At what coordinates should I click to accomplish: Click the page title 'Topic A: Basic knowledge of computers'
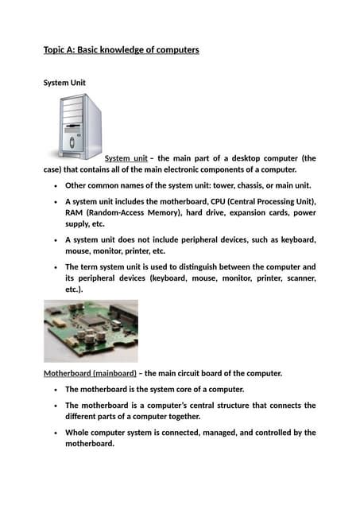pyautogui.click(x=121, y=50)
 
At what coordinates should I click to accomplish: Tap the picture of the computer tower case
pyautogui.click(x=79, y=127)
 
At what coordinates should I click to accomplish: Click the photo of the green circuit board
pyautogui.click(x=91, y=330)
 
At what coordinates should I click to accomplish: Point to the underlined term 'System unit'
pyautogui.click(x=126, y=158)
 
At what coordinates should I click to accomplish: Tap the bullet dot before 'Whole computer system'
pyautogui.click(x=53, y=433)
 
